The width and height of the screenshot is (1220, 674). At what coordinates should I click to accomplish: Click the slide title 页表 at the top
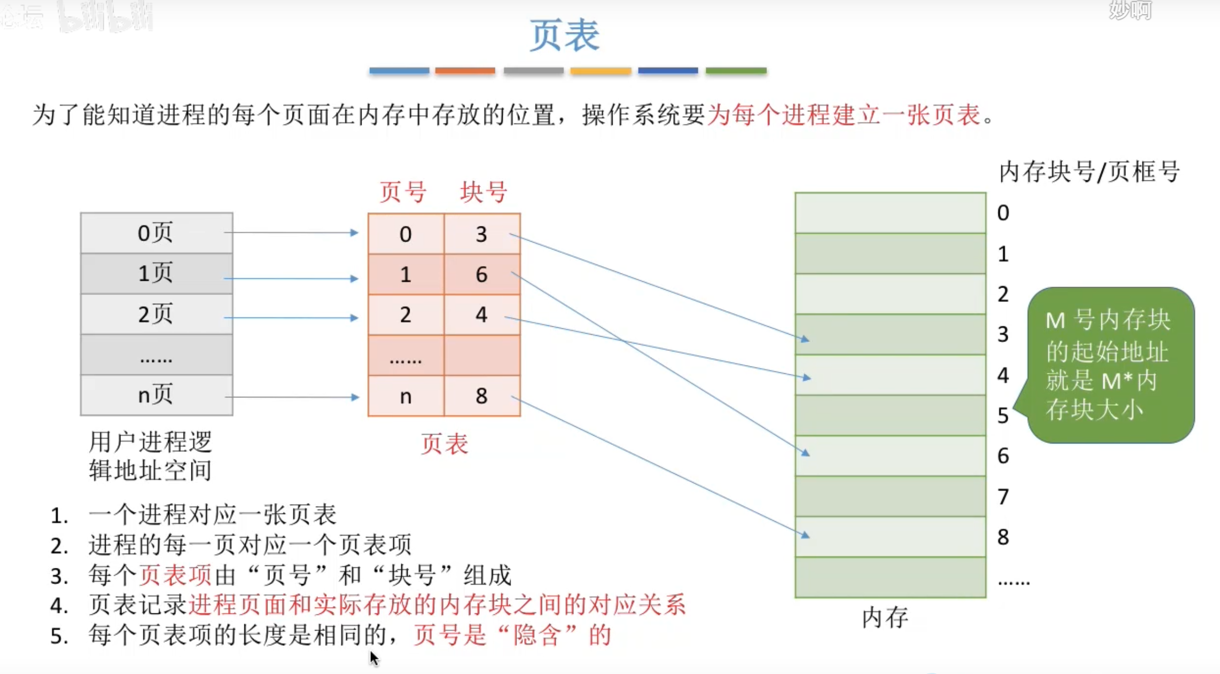(564, 36)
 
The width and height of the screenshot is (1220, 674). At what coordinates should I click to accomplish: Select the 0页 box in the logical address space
(156, 233)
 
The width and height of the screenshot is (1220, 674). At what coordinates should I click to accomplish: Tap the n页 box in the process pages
(156, 395)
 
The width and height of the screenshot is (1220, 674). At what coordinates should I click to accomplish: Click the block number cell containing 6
(482, 275)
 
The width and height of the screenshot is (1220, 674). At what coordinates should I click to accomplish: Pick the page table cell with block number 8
(482, 396)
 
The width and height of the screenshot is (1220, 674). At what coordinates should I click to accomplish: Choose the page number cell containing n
(405, 396)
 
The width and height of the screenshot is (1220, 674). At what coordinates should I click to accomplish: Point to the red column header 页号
(403, 192)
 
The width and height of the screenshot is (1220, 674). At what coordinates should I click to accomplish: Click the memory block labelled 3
(890, 335)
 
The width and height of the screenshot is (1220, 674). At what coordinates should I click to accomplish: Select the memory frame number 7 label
(1002, 496)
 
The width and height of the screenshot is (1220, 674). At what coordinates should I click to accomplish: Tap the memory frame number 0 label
(1002, 213)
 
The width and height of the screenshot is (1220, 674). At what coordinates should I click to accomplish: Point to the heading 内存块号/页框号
(1089, 172)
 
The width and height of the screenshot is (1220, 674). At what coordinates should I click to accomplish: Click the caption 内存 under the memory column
(885, 618)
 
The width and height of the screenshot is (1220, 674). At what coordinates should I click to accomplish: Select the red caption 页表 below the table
(444, 444)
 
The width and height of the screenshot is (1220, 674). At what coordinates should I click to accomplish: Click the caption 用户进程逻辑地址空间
(150, 456)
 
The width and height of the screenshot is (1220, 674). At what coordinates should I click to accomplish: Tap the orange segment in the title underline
(465, 71)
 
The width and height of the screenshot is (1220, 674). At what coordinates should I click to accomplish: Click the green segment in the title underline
(736, 71)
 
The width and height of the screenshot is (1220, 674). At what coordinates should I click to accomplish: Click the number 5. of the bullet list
(59, 636)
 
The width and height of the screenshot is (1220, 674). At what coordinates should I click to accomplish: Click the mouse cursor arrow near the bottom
(374, 658)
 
